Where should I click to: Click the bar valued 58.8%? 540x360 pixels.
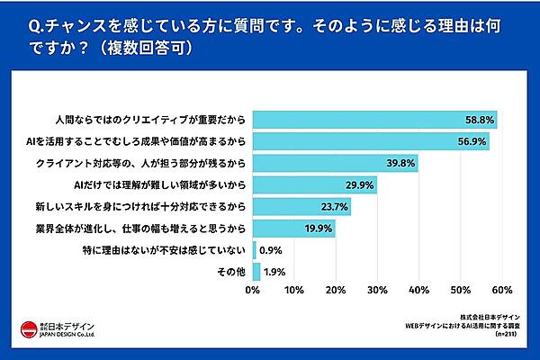coord(374,120)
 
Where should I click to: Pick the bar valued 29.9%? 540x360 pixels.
coord(314,184)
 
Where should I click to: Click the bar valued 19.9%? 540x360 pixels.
coord(293,228)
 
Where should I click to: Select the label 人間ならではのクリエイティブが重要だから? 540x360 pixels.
coord(151,120)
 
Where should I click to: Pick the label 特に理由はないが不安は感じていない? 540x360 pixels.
coord(171,249)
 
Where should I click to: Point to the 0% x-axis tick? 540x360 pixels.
coord(253,291)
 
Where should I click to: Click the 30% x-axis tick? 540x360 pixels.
coord(377,291)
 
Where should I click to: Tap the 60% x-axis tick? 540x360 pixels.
coord(502,291)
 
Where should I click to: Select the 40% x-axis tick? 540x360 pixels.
coord(418,291)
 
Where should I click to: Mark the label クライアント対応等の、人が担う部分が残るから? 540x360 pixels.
coord(140,163)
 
